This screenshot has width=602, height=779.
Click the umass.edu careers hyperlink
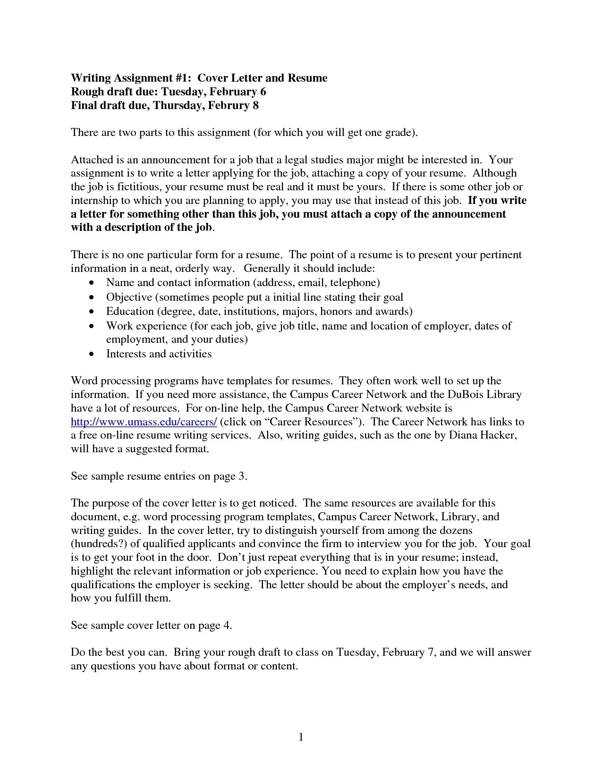click(x=144, y=422)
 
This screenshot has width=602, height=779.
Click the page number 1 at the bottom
click(x=301, y=737)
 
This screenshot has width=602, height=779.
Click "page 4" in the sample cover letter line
click(x=215, y=626)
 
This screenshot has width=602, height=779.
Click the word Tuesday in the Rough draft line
click(x=183, y=92)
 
